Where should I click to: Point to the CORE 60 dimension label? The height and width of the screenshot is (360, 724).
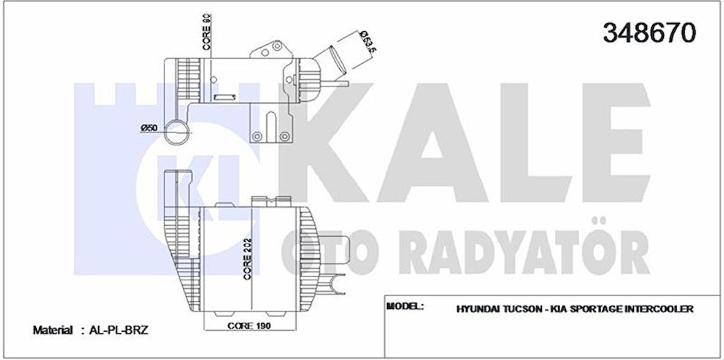pos(207,32)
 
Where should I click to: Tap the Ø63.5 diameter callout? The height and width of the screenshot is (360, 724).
pos(366,42)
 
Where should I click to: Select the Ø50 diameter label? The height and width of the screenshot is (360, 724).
pos(150,127)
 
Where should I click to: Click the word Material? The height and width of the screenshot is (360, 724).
pos(53,330)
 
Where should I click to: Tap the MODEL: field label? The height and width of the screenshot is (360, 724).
pos(405,305)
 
